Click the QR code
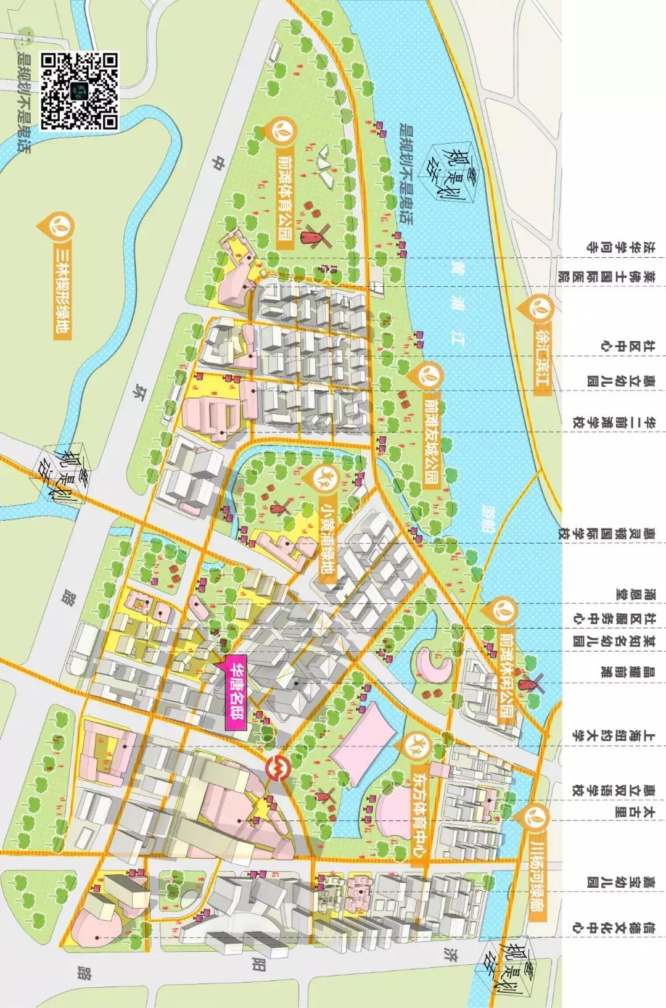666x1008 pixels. coord(79,91)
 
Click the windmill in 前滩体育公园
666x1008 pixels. coord(313,236)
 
